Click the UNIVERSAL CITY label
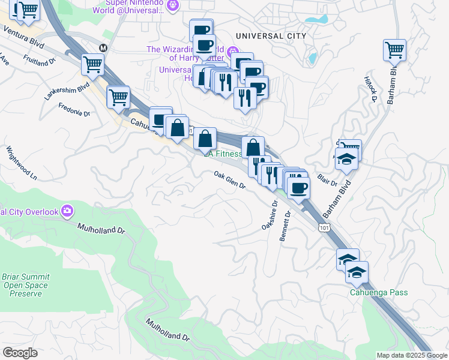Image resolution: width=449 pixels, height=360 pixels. (271, 36)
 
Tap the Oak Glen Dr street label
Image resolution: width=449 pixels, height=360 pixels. (231, 180)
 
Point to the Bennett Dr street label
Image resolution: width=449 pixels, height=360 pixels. (286, 226)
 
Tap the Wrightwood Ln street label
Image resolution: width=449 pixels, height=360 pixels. (22, 163)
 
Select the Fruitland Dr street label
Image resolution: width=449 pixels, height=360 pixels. (40, 61)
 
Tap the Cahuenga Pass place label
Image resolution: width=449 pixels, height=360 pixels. (379, 293)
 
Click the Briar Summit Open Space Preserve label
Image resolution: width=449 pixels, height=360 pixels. (26, 286)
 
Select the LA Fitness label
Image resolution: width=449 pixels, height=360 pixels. (223, 154)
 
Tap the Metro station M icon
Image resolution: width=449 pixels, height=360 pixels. (103, 47)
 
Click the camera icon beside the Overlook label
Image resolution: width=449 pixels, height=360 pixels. (67, 211)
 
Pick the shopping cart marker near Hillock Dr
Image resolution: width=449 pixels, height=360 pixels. (394, 50)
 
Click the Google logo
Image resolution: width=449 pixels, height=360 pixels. (20, 353)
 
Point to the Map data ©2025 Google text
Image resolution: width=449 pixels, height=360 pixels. (411, 355)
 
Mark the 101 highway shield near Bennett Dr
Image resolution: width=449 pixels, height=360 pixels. (324, 228)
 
